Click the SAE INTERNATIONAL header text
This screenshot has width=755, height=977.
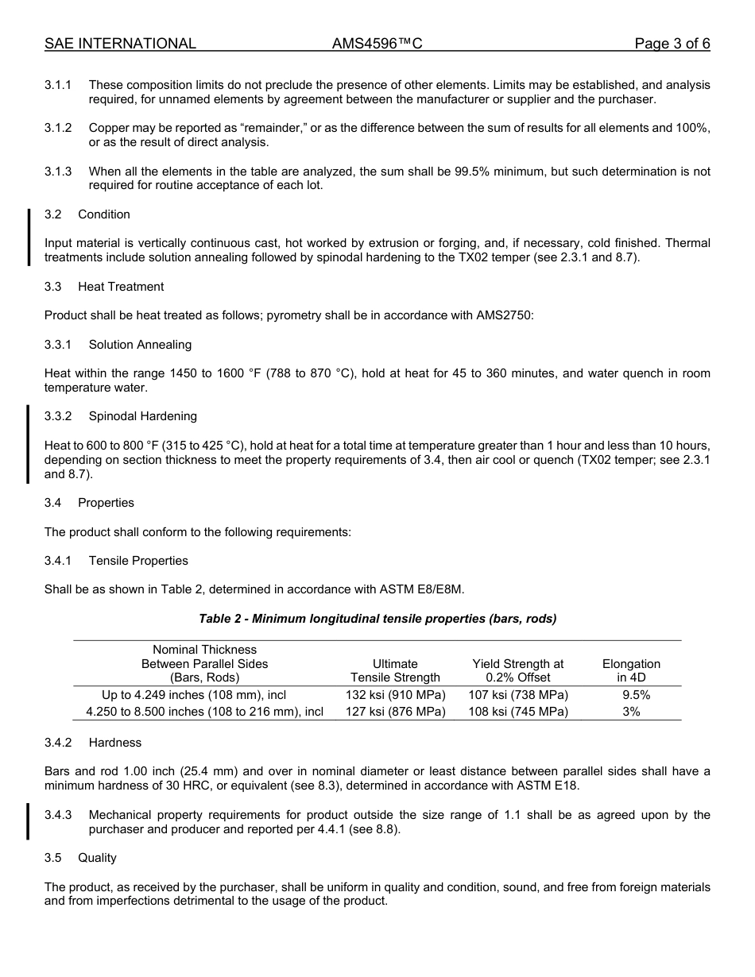120,44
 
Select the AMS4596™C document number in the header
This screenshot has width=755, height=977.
377,44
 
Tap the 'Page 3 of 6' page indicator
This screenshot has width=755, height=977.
672,44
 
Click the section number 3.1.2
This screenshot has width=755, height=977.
58,128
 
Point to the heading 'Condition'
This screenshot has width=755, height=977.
104,214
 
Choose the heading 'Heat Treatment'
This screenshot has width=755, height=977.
121,287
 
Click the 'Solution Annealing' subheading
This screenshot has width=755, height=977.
140,345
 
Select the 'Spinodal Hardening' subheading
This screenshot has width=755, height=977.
143,416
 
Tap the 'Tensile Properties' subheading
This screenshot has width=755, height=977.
138,561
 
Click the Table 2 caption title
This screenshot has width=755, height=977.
377,619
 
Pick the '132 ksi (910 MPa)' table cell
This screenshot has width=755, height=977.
396,695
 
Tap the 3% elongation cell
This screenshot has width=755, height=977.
631,712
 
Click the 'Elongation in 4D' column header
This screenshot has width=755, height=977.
631,670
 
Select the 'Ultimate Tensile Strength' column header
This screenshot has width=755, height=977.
395,670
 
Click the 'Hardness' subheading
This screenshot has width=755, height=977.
115,743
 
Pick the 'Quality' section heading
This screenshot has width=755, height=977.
97,858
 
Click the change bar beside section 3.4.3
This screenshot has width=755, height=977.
29,822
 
